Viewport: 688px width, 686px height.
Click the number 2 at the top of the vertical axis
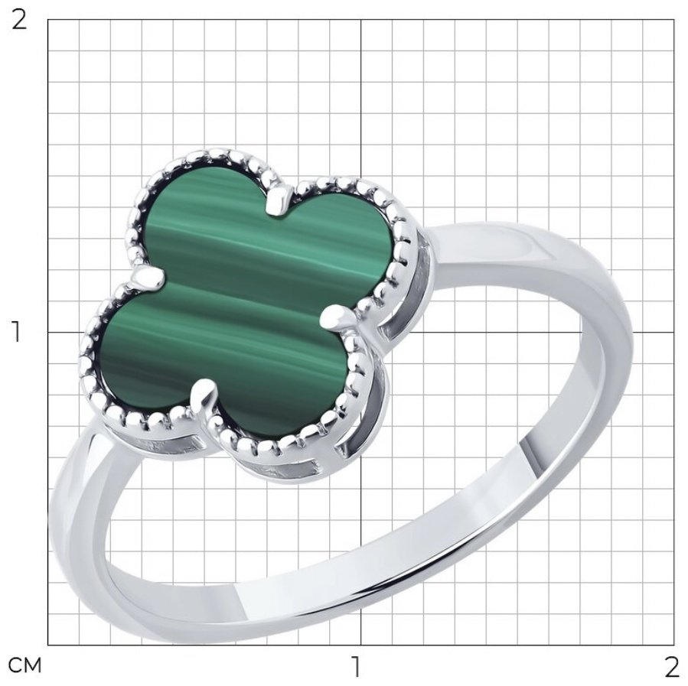(18, 20)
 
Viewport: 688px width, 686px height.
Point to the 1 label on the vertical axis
(16, 332)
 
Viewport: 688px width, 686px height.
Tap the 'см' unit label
(25, 665)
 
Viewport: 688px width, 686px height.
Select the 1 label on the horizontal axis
(357, 667)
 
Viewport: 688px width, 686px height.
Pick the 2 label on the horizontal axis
(671, 667)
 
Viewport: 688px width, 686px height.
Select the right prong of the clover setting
(339, 318)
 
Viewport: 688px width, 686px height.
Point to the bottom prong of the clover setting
(204, 397)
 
